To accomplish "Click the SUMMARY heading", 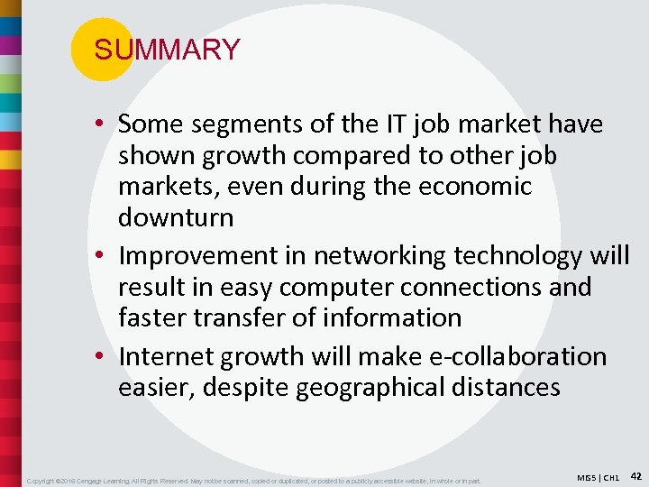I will (167, 50).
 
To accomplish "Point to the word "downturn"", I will (176, 217).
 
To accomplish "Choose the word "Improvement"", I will (212, 256).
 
